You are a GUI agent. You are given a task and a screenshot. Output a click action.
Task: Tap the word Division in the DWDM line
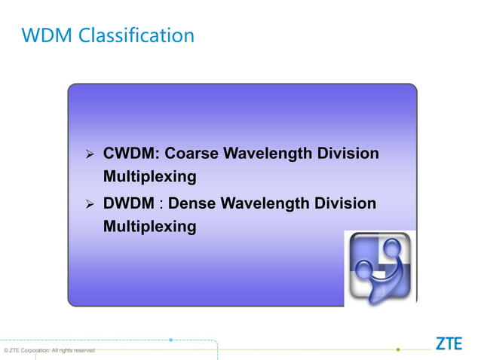[x=347, y=203]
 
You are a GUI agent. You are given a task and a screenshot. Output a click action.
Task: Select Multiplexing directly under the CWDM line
[x=149, y=177]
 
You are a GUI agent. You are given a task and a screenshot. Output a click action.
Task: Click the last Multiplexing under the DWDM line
[x=149, y=226]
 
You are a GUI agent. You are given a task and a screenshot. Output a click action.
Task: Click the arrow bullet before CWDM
[x=88, y=154]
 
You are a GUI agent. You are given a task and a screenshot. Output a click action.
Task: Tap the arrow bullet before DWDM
[x=88, y=204]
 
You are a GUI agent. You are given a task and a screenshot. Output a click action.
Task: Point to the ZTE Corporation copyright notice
[x=50, y=350]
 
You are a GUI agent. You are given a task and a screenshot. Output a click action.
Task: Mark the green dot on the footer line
[x=398, y=349]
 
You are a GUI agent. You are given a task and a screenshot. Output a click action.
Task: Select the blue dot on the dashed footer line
[x=171, y=340]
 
